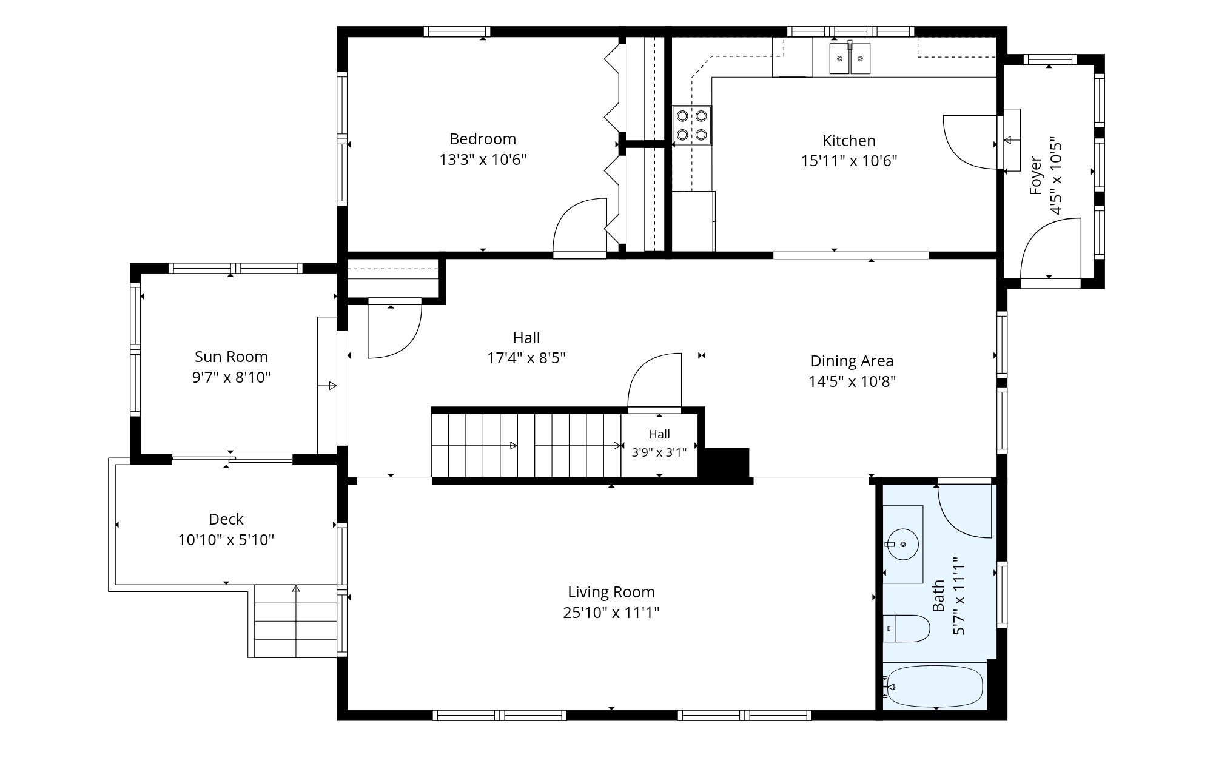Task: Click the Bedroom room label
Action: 483,139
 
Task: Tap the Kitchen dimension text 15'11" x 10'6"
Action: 849,161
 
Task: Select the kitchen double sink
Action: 850,58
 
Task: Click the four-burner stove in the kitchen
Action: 692,126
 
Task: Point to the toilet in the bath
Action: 906,628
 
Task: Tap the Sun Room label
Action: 231,357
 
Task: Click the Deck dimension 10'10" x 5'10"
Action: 226,540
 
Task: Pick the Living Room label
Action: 611,592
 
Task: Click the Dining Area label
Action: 852,361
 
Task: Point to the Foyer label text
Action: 1036,176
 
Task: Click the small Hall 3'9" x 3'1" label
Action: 659,443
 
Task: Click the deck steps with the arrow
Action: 295,621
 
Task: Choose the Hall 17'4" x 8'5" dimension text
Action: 526,358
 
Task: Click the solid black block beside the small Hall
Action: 725,463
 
